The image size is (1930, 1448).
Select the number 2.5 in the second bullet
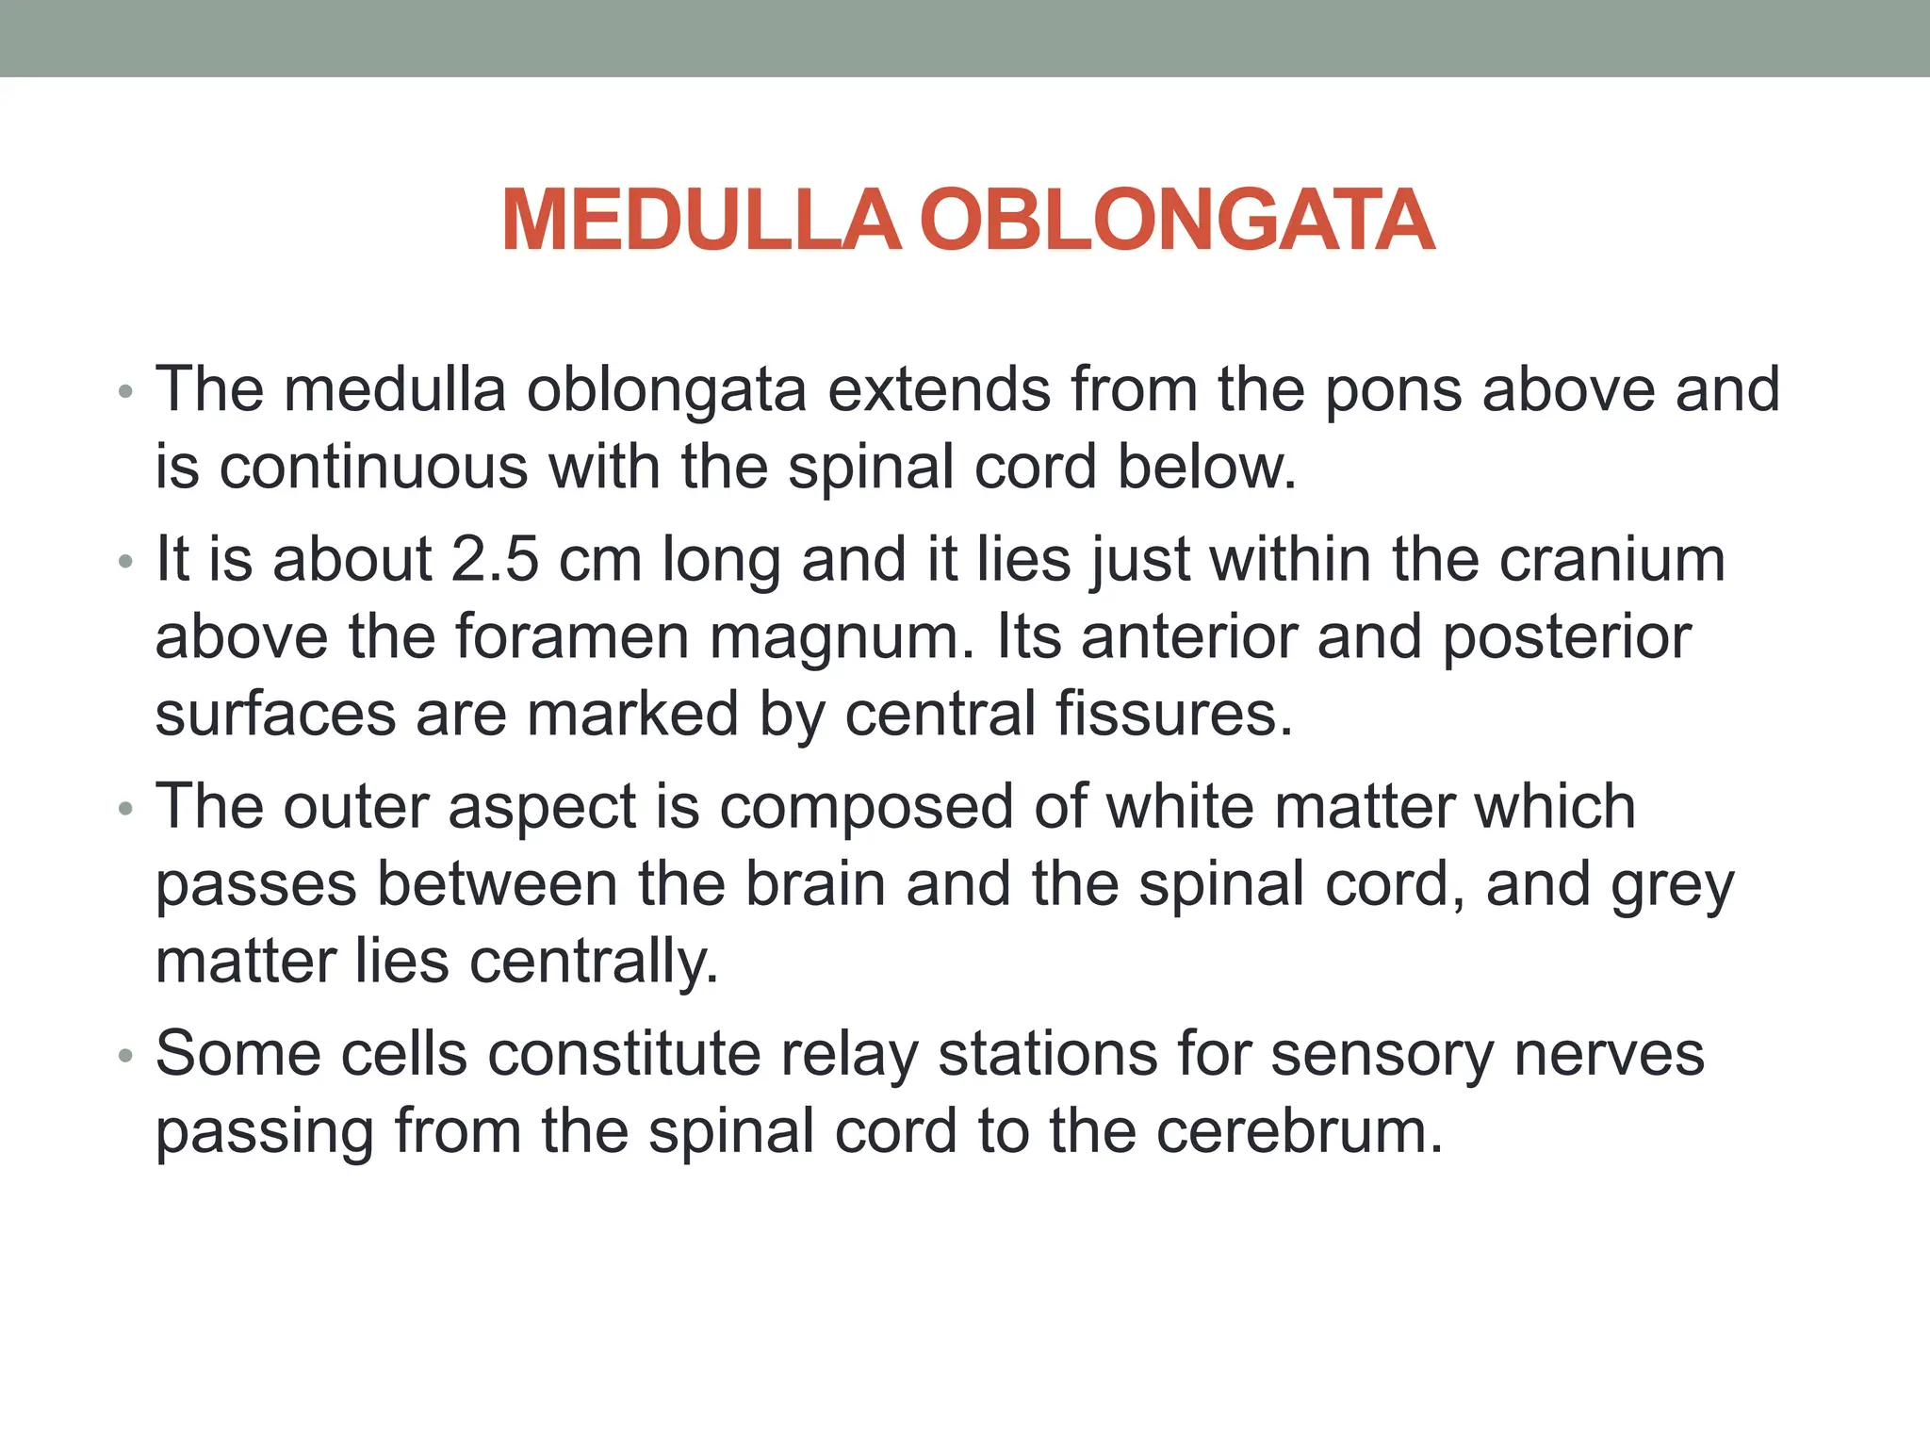tap(495, 560)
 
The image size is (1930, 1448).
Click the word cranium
tap(1611, 560)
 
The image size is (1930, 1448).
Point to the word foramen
tap(573, 637)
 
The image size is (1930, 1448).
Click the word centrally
tap(593, 963)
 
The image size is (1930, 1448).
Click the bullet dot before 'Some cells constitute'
tap(126, 1057)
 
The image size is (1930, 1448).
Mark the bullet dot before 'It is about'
tap(126, 563)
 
